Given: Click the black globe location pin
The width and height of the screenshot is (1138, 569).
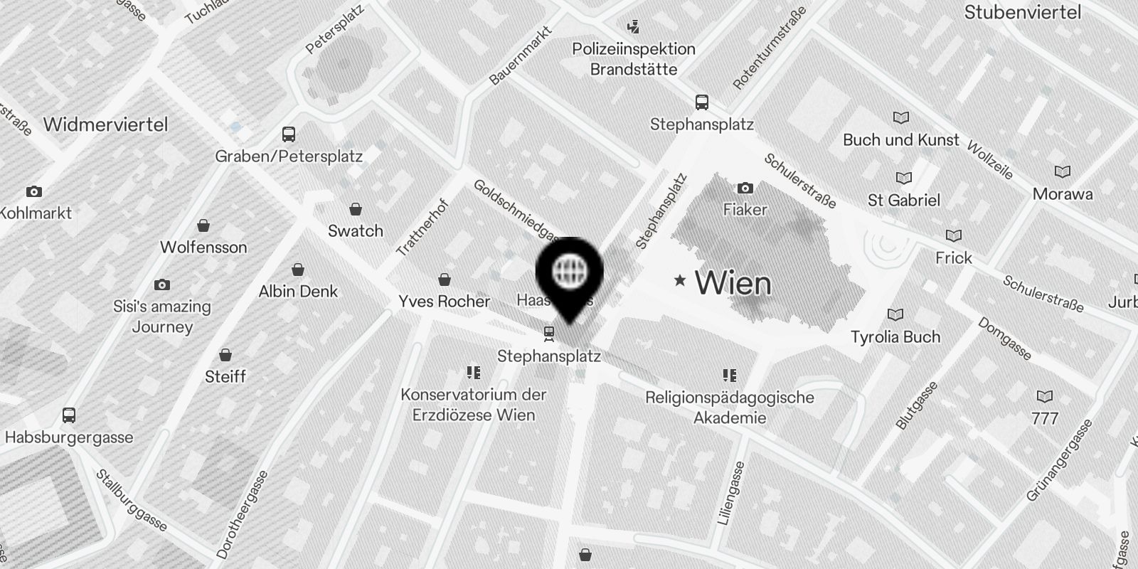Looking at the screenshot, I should click(x=569, y=274).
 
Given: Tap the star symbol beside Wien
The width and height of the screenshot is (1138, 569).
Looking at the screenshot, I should click(x=680, y=280).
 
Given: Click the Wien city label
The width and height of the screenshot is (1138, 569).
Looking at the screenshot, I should click(x=733, y=283).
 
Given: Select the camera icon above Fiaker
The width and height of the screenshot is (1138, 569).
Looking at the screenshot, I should click(x=745, y=188).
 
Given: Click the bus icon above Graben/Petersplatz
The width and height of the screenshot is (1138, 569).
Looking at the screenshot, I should click(x=289, y=134).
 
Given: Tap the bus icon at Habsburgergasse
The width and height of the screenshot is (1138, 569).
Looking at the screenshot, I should click(x=69, y=415).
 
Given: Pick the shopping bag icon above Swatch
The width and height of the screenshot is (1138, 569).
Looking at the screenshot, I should click(x=356, y=209).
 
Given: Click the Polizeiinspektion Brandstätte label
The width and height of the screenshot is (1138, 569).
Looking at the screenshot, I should click(x=634, y=59).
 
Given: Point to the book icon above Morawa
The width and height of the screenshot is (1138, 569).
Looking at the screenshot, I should click(x=1063, y=172).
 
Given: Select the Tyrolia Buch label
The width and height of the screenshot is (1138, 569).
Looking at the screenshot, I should click(x=895, y=336).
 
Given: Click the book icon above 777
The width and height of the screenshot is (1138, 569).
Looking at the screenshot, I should click(x=1045, y=397).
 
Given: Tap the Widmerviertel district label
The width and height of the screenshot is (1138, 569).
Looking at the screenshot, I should click(x=105, y=124).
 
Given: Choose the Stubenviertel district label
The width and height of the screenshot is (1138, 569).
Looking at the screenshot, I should click(x=1022, y=12).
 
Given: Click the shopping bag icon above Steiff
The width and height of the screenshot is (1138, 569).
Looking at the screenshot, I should click(x=225, y=355).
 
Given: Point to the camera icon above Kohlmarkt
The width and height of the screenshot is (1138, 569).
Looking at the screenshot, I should click(x=33, y=191).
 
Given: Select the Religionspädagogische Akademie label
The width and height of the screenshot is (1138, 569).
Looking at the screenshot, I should click(x=730, y=407).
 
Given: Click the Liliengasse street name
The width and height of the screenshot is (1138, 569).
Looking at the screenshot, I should click(x=731, y=494).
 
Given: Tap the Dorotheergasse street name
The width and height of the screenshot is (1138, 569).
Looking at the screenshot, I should click(x=242, y=514).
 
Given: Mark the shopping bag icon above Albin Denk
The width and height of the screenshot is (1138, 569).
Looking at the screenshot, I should click(x=298, y=270).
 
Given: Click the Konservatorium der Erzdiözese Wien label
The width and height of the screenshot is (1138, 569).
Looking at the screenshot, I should click(x=474, y=404).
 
